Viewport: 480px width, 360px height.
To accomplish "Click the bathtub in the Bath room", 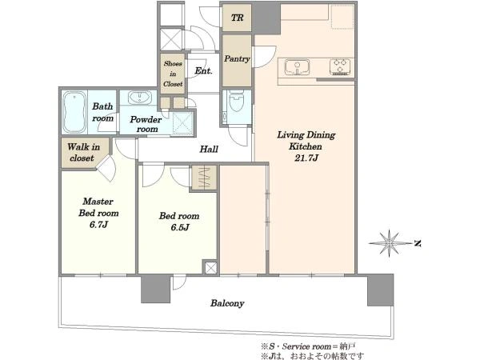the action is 74,112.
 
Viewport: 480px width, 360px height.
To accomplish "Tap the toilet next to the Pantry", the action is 236,101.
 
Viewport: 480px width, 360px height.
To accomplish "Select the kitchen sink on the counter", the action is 297,67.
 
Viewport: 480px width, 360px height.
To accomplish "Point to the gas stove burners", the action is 339,67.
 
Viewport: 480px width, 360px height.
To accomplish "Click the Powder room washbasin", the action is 139,97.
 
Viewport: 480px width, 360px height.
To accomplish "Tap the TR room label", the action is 237,18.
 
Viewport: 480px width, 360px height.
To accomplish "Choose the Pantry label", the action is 237,58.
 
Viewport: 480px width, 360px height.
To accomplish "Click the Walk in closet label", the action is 83,153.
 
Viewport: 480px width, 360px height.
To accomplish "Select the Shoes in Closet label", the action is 173,74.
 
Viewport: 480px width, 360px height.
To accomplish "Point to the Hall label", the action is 209,150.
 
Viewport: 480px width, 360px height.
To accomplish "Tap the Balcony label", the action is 227,303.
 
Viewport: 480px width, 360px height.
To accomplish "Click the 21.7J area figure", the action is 306,158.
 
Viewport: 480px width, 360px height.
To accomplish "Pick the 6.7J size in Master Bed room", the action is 98,225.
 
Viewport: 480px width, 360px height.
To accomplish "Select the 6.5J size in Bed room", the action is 179,228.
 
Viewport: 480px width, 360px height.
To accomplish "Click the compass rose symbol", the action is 389,243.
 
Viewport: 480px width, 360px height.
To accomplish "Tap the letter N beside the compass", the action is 418,244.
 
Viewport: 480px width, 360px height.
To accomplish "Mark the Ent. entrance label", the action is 203,71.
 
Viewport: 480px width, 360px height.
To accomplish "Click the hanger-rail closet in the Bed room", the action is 205,178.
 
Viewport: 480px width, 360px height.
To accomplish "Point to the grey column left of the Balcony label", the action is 155,289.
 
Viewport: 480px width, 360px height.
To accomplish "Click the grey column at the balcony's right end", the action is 381,290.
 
